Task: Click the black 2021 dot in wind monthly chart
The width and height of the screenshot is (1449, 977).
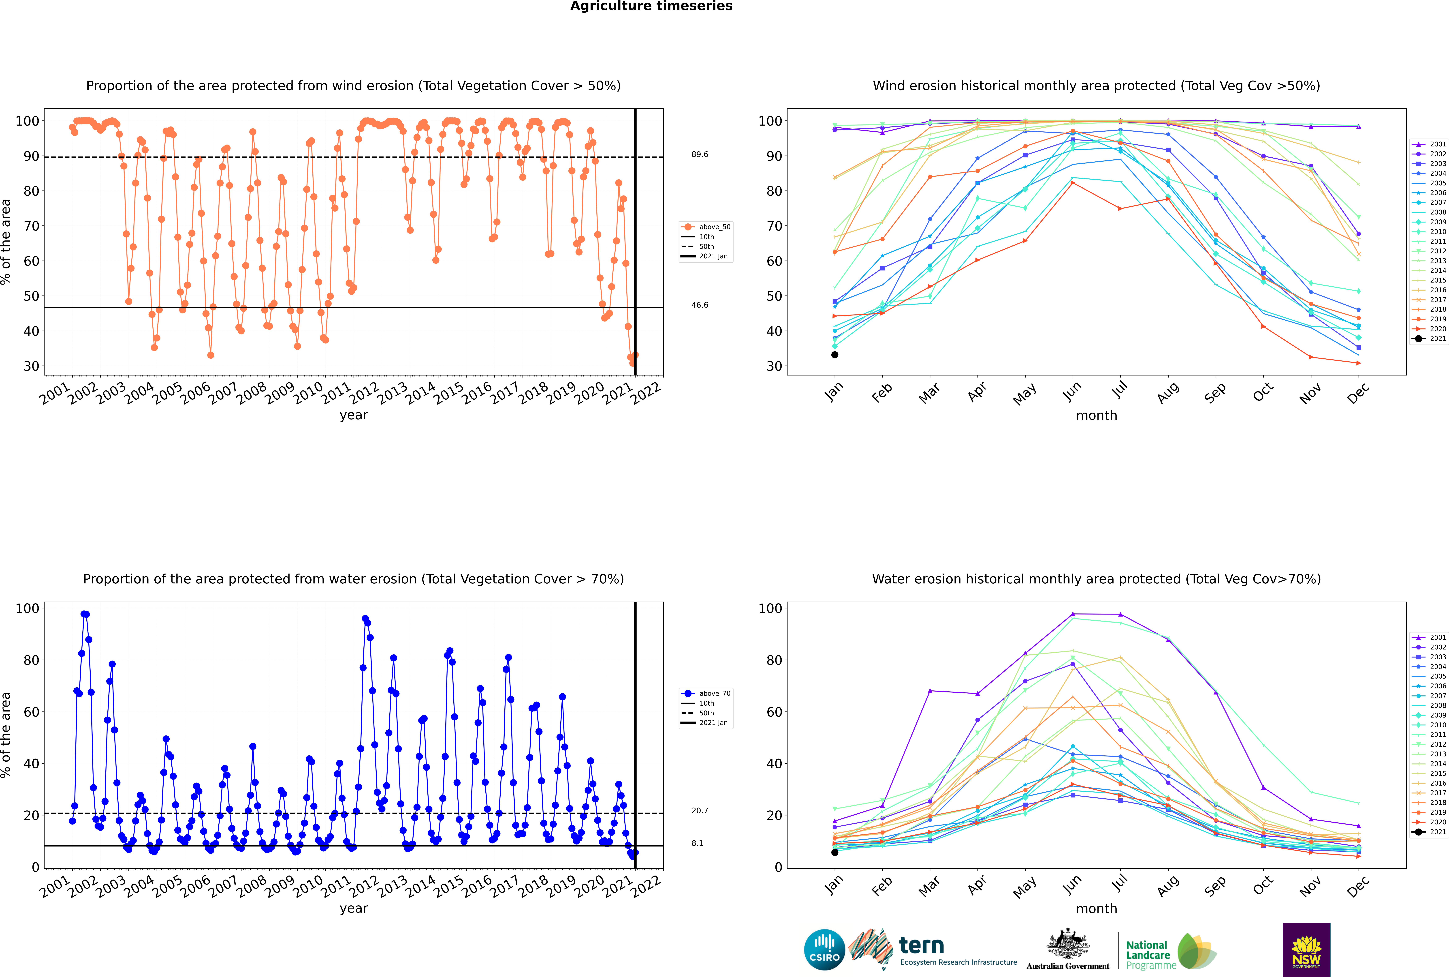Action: coord(835,355)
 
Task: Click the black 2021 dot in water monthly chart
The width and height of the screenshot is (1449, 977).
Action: coord(835,852)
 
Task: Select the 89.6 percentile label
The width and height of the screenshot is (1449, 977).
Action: coord(700,154)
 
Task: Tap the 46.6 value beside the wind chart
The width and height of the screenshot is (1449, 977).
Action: coord(700,305)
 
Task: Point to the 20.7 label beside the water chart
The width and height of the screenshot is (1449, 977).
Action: coord(700,811)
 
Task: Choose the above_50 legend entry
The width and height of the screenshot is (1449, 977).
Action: coord(706,227)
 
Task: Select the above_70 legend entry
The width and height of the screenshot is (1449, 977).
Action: coord(706,694)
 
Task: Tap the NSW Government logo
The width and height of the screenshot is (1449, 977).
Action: coord(1306,950)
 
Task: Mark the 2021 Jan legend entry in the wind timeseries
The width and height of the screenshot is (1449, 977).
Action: coord(706,256)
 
